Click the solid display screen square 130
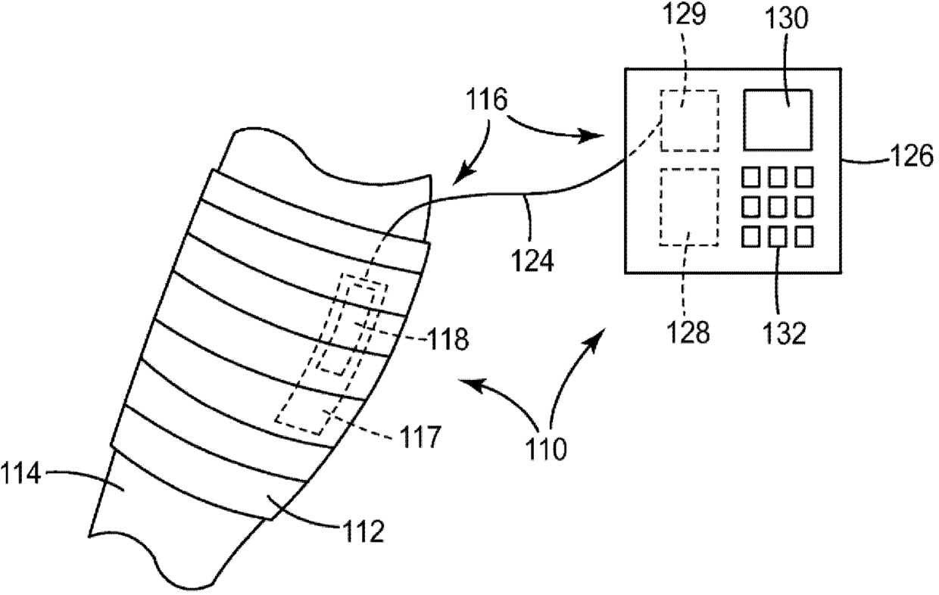(778, 119)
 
